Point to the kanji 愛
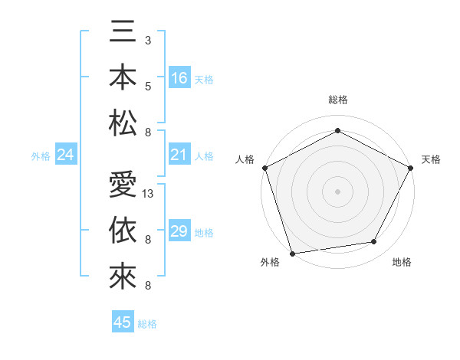[123, 186]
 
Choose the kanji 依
[123, 231]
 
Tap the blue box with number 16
[179, 78]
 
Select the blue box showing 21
[179, 155]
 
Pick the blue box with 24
[66, 155]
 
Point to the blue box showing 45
[123, 322]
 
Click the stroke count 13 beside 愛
[149, 194]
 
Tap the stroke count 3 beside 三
[148, 39]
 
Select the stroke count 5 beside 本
[148, 86]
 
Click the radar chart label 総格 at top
[337, 100]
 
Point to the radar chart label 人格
[245, 159]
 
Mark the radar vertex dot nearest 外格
[292, 253]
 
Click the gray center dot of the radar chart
[337, 191]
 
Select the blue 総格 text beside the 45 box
[147, 324]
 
